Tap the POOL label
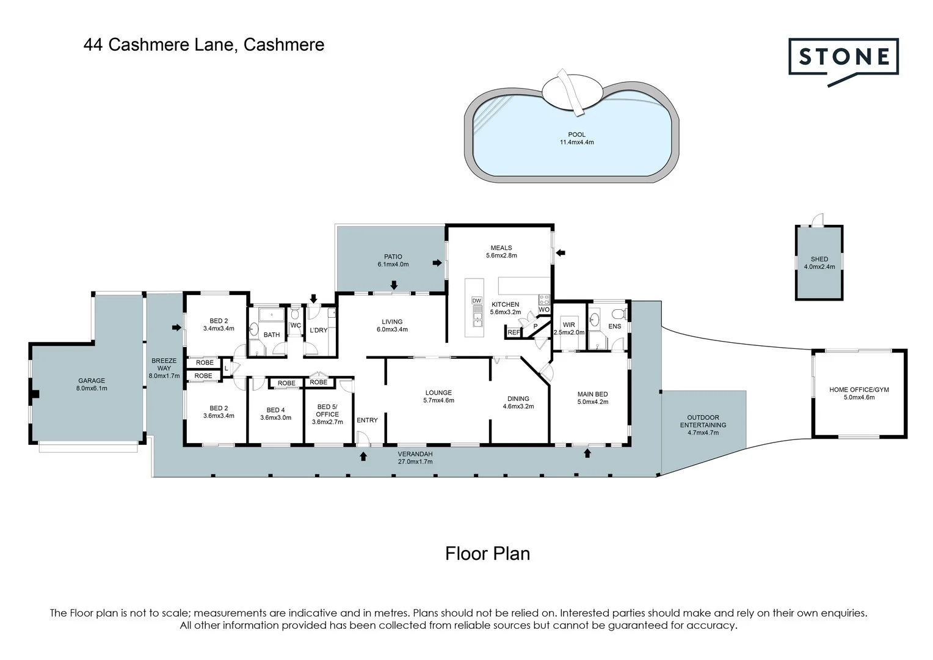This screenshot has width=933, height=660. click(576, 138)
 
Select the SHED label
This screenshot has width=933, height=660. click(819, 262)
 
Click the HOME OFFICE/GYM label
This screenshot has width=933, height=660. click(859, 393)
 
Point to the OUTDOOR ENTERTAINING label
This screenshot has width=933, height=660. click(703, 425)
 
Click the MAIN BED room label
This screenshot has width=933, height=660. click(592, 398)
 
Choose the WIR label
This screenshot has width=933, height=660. click(568, 328)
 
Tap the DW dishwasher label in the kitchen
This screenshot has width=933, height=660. click(477, 301)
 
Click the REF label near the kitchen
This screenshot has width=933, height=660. click(514, 332)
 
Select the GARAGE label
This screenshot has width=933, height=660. click(91, 384)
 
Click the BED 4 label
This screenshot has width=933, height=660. click(275, 414)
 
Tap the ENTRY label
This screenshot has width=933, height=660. click(367, 420)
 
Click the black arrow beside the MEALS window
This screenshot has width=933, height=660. click(561, 252)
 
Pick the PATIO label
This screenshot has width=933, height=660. click(393, 260)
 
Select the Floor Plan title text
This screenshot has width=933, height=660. click(487, 554)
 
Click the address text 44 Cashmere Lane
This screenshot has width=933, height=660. click(204, 45)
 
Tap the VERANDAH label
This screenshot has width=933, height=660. click(415, 458)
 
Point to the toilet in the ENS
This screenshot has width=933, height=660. click(617, 314)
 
